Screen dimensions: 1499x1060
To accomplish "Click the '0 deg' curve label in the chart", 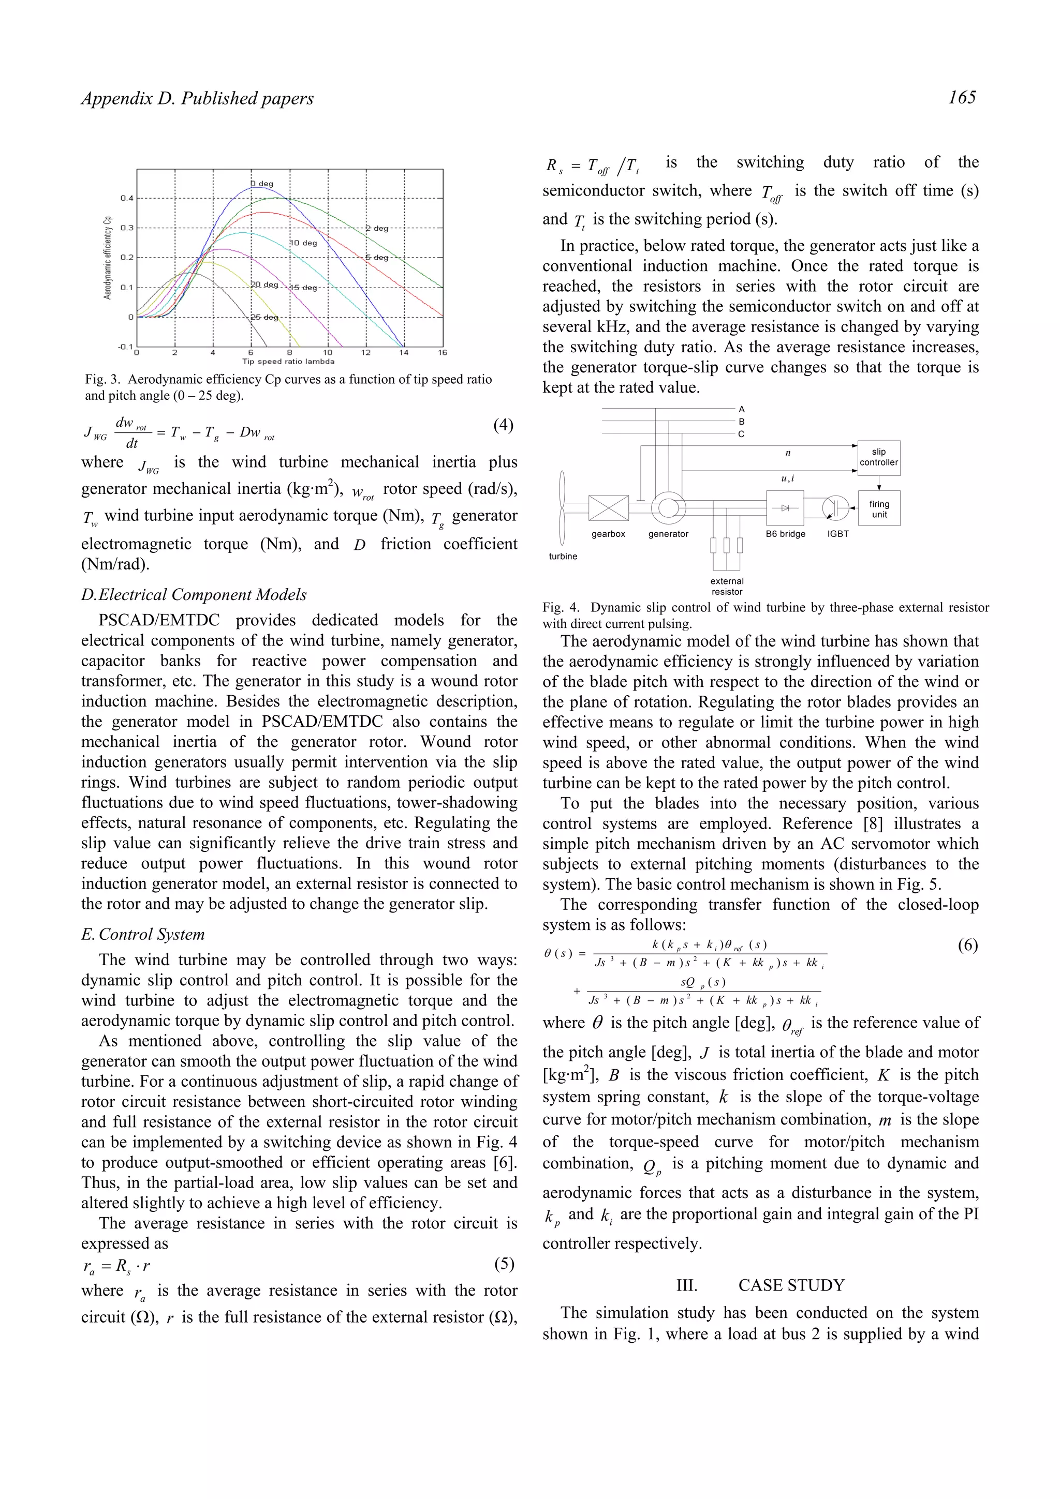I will pyautogui.click(x=262, y=184).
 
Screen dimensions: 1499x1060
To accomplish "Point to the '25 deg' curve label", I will pyautogui.click(x=264, y=317).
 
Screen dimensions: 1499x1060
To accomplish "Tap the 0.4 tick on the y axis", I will pyautogui.click(x=127, y=198).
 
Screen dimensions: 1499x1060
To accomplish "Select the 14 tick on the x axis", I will pyautogui.click(x=404, y=353).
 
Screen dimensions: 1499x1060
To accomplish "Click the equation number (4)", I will pyautogui.click(x=503, y=425).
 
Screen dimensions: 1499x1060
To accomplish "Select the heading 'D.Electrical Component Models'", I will pyautogui.click(x=194, y=595).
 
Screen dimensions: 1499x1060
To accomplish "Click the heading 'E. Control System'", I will pyautogui.click(x=143, y=934).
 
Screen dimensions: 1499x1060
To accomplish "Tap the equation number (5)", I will pyautogui.click(x=504, y=1264).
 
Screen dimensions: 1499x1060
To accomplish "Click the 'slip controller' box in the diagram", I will pyautogui.click(x=878, y=457).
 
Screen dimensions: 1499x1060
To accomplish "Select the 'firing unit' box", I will pyautogui.click(x=879, y=508).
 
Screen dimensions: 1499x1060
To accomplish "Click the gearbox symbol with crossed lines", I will pyautogui.click(x=608, y=508).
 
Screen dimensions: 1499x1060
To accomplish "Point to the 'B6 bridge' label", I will pyautogui.click(x=785, y=534).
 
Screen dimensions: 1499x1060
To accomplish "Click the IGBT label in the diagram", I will pyautogui.click(x=838, y=534).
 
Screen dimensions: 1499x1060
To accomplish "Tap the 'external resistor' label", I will pyautogui.click(x=727, y=586).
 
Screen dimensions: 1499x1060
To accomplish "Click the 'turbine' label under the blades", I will pyautogui.click(x=563, y=556).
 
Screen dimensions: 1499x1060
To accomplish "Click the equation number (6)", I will pyautogui.click(x=967, y=946).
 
